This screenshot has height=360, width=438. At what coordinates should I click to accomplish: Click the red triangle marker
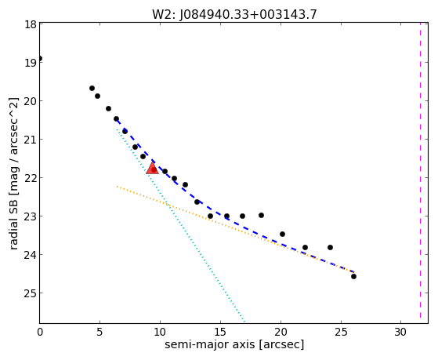(x=152, y=168)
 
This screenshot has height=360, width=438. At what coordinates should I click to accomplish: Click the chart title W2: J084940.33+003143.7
(x=234, y=14)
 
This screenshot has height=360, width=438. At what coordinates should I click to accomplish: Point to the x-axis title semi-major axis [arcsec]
(x=234, y=344)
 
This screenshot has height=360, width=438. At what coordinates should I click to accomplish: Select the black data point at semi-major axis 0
(x=40, y=59)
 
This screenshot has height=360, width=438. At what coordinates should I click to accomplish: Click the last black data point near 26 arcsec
(x=353, y=277)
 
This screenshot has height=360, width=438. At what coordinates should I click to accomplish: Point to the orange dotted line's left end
(x=118, y=187)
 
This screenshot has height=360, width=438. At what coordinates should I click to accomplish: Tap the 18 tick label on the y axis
(x=31, y=24)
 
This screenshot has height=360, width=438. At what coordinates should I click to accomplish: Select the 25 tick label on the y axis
(x=31, y=293)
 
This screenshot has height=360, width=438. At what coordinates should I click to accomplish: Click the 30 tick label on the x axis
(x=400, y=333)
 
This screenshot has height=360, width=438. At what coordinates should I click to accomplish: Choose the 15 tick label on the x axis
(x=220, y=333)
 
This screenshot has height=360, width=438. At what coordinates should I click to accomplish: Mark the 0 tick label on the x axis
(x=40, y=333)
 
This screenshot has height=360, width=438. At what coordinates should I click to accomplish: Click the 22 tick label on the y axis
(x=31, y=178)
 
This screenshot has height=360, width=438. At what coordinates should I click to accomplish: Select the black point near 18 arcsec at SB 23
(x=261, y=216)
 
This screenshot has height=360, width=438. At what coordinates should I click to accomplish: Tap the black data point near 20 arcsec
(x=282, y=235)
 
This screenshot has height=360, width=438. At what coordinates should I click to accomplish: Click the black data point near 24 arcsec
(x=330, y=248)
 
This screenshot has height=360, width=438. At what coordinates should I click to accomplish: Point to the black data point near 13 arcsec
(x=197, y=202)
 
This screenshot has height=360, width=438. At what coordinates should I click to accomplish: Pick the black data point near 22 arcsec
(x=305, y=248)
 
